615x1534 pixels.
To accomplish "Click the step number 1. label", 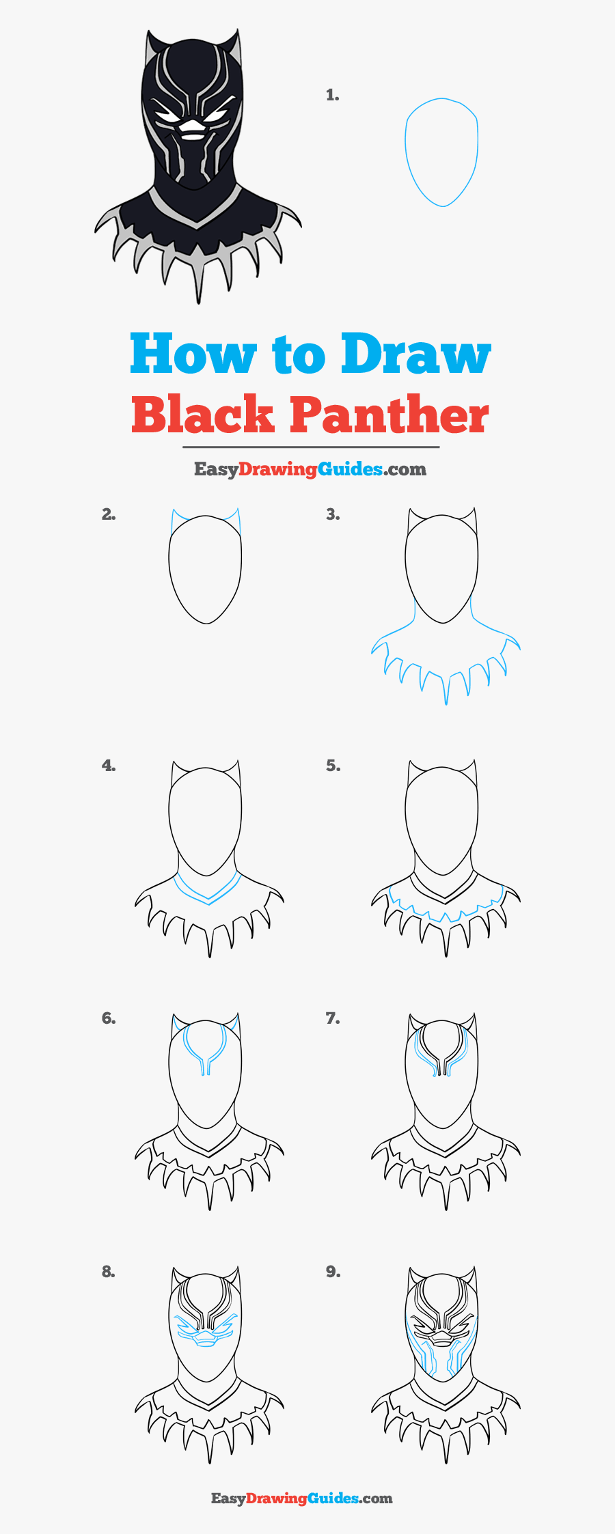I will (x=332, y=96).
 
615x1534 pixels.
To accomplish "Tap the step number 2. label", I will (x=109, y=514).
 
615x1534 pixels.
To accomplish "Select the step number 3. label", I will (x=332, y=514).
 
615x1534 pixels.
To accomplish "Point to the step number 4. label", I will (x=109, y=766).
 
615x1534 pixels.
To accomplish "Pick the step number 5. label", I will (x=332, y=766).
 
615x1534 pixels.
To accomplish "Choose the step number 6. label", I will (x=109, y=1018).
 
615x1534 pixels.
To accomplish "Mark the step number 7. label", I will (x=332, y=1018).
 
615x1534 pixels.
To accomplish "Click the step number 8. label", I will (x=109, y=1271).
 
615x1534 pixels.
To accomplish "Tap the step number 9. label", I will (x=332, y=1271).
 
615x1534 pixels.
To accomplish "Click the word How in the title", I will (x=192, y=354).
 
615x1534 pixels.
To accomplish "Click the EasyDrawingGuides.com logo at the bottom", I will (x=301, y=1498).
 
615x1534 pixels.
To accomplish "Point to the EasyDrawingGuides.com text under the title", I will (x=310, y=469).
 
